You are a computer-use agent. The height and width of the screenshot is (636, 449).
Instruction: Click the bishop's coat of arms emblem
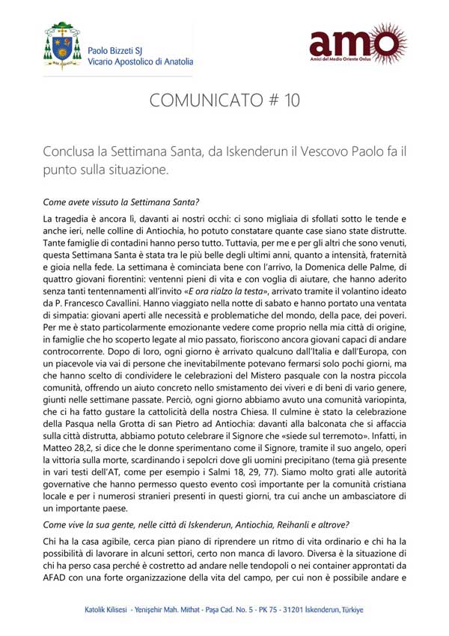63,45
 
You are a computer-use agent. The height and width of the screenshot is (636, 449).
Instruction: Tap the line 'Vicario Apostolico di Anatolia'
140,62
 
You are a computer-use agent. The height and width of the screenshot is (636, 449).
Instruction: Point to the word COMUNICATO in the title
203,101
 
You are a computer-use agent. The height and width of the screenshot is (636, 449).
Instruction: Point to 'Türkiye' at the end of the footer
349,610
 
